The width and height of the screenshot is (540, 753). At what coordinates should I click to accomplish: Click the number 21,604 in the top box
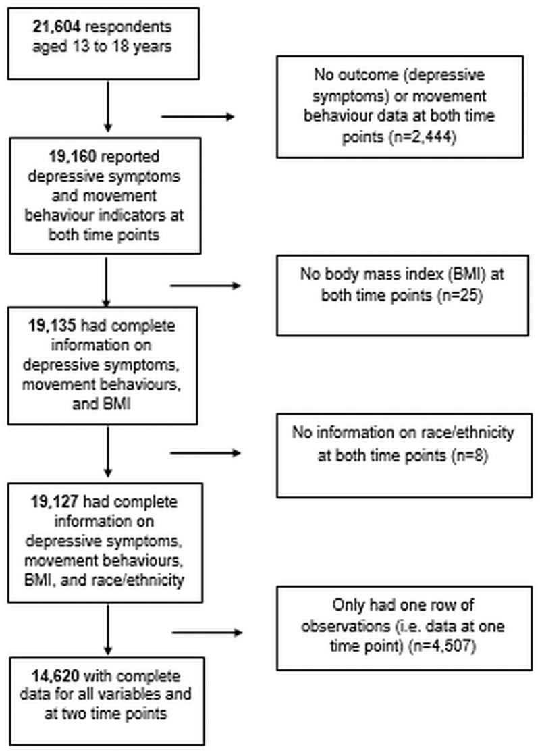[x=57, y=28]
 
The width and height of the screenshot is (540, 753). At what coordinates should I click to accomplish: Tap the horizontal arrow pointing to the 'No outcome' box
[x=197, y=117]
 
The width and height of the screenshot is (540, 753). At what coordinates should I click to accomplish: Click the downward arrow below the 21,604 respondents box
[x=106, y=105]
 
